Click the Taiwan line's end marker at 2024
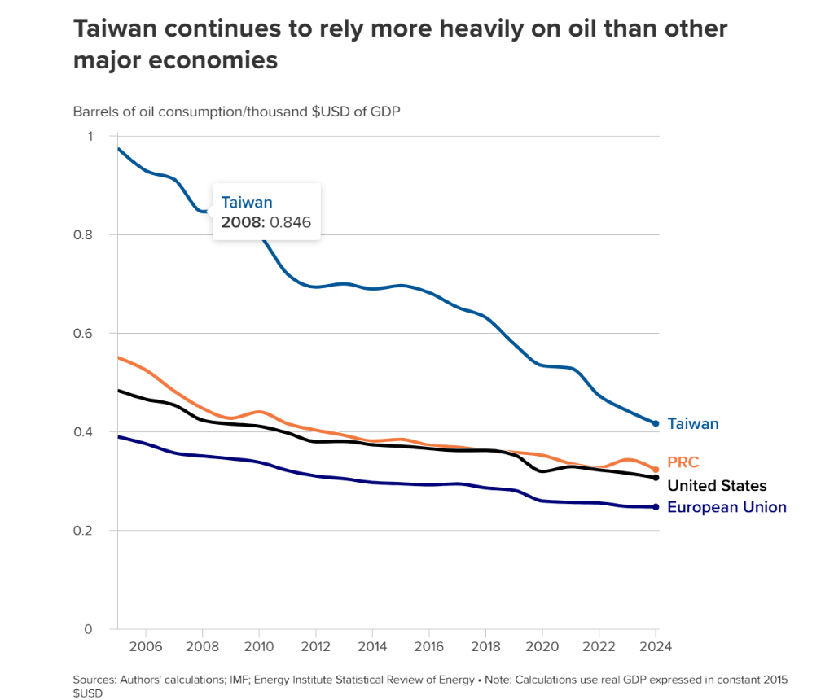[x=656, y=423]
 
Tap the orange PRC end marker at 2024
[x=656, y=470]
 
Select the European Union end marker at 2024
[x=656, y=507]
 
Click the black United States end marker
[x=656, y=478]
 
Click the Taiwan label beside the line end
[x=692, y=424]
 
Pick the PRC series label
[x=683, y=463]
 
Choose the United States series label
[x=717, y=486]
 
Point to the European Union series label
[x=726, y=507]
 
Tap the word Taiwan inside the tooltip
[x=247, y=203]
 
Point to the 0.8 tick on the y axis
[x=85, y=234]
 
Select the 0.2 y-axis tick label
[x=85, y=531]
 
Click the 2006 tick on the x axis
[x=145, y=647]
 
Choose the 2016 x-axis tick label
[x=429, y=647]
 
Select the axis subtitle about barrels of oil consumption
[x=236, y=112]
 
